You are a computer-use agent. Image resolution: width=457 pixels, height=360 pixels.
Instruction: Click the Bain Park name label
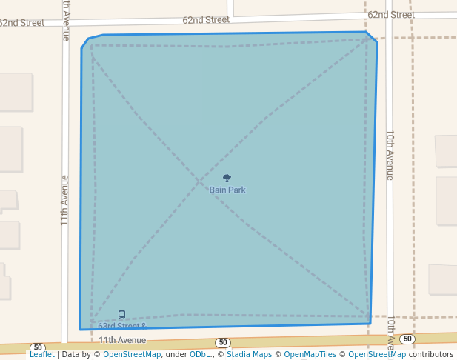coord(227,190)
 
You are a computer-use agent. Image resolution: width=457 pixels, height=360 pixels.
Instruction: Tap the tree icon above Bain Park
coord(227,178)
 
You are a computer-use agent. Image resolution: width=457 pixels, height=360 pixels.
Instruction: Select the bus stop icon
coord(121,315)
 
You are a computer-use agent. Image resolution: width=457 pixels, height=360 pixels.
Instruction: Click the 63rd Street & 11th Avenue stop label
coord(122,333)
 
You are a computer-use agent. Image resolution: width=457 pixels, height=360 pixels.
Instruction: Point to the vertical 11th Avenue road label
coord(65,200)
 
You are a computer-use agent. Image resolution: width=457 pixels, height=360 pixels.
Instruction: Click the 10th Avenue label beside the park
coord(390,156)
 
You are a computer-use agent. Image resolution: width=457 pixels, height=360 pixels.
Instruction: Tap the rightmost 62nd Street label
coord(390,15)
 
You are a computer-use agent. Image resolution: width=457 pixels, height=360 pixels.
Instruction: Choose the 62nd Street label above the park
coord(206,20)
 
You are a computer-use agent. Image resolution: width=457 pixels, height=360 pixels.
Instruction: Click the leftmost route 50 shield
coord(38,347)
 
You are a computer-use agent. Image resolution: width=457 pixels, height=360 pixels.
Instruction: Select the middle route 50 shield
coord(222,342)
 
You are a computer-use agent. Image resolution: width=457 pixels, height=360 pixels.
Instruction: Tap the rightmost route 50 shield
coord(407,339)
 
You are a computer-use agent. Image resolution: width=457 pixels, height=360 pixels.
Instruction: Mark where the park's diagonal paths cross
coord(199,180)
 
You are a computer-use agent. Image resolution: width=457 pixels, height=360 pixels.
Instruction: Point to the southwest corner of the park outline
coord(80,329)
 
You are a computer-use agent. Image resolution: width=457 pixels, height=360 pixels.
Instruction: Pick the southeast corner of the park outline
coord(370,323)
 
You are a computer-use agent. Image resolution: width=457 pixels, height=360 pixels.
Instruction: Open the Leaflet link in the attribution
coord(41,354)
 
